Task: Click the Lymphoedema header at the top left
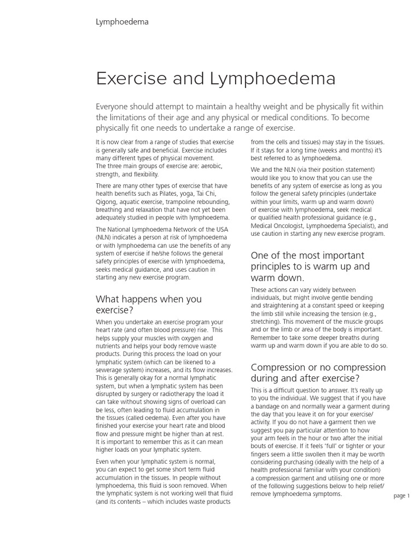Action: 122,22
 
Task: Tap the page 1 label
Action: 401,495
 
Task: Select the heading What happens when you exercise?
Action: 148,305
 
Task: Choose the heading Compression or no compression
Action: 318,372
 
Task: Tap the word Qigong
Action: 107,202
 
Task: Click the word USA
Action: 219,229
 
